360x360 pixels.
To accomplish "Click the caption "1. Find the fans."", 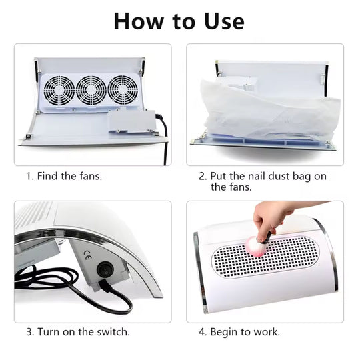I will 64,177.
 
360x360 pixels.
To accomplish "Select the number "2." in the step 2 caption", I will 203,177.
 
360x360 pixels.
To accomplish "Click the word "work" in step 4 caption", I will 265,331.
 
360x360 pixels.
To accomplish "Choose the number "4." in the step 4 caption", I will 202,331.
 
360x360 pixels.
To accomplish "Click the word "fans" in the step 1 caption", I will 89,177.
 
